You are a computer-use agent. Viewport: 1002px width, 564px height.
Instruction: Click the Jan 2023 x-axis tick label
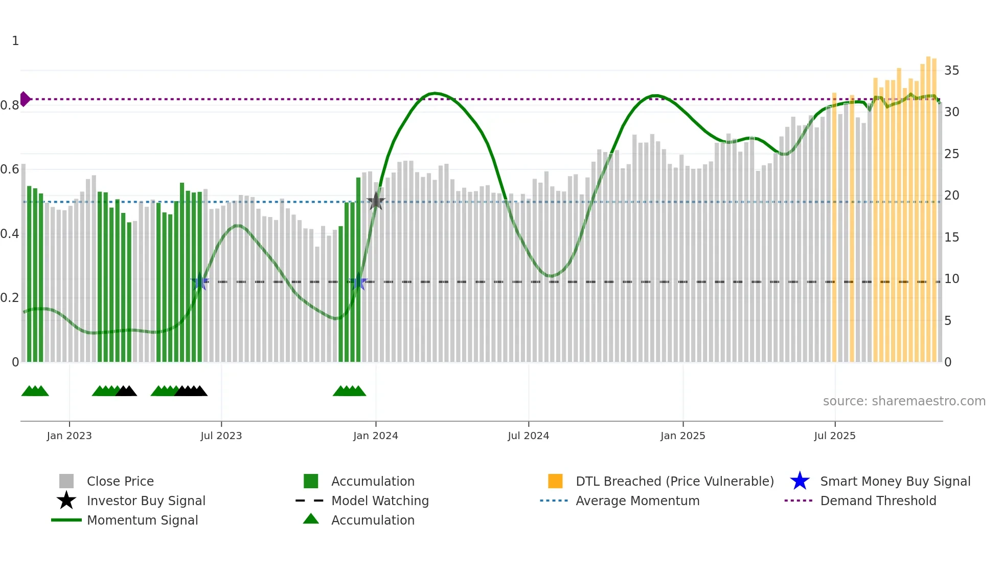tap(69, 436)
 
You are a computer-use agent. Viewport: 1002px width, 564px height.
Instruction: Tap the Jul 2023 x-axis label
tap(221, 436)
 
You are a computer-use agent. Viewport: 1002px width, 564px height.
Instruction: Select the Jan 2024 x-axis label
tap(375, 436)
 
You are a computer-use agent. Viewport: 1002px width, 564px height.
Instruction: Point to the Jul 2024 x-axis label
tap(528, 436)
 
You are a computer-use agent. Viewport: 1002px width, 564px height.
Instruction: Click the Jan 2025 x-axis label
tap(682, 436)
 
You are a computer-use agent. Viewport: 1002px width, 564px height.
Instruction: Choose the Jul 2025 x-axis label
tap(834, 436)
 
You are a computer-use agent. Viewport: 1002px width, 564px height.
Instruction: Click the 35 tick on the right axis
tap(951, 71)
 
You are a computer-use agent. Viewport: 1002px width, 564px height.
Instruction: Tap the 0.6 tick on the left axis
tap(10, 169)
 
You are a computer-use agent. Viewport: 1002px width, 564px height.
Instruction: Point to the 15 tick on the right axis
tap(951, 237)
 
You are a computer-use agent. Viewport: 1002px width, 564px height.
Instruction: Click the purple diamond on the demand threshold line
tap(25, 99)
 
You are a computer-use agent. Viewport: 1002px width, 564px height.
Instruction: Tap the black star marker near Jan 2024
tap(376, 201)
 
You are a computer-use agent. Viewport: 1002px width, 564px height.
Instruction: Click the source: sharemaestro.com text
tap(904, 401)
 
